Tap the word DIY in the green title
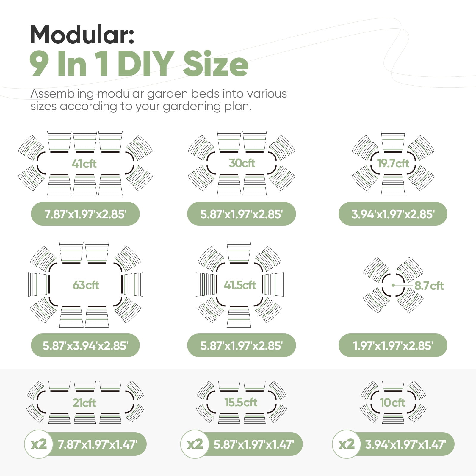[x=146, y=63]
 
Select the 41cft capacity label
[x=84, y=164]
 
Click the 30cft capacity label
[x=242, y=163]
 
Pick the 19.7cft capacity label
[x=393, y=163]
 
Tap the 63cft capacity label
[x=86, y=285]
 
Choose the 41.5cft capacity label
[x=240, y=285]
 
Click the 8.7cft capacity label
[x=429, y=286]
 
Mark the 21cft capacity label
[x=84, y=403]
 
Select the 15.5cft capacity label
[x=241, y=402]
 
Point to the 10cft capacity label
[x=392, y=403]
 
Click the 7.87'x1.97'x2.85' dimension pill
[x=85, y=214]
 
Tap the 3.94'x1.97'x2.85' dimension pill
[x=393, y=214]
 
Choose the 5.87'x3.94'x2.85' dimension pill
[x=85, y=345]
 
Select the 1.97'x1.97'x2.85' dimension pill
[x=393, y=345]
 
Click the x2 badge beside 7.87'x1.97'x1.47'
[x=39, y=444]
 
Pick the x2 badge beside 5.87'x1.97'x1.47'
[x=195, y=444]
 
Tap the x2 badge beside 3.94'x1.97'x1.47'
[x=347, y=444]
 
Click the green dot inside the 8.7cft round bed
[x=393, y=285]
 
